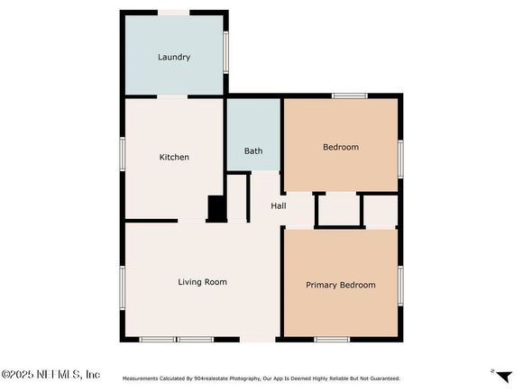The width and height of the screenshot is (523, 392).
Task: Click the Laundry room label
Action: pyautogui.click(x=174, y=57)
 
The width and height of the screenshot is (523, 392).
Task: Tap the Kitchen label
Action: pyautogui.click(x=174, y=157)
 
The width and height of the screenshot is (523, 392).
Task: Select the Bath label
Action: pyautogui.click(x=253, y=151)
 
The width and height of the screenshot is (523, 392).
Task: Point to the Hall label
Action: pyautogui.click(x=278, y=206)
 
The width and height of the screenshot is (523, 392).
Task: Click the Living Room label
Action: pyautogui.click(x=203, y=282)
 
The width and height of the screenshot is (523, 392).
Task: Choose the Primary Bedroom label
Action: pyautogui.click(x=341, y=285)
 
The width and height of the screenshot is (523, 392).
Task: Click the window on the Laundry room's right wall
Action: pyautogui.click(x=225, y=52)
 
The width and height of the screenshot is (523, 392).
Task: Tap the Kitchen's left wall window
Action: pyautogui.click(x=123, y=154)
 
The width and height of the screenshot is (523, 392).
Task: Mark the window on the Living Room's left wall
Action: pyautogui.click(x=123, y=287)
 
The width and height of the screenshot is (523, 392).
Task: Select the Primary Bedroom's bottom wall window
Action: pyautogui.click(x=332, y=340)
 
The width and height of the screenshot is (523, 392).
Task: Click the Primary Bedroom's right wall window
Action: pyautogui.click(x=400, y=286)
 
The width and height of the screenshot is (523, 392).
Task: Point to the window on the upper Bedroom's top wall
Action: pyautogui.click(x=350, y=96)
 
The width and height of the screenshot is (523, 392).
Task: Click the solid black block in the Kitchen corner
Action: pyautogui.click(x=216, y=209)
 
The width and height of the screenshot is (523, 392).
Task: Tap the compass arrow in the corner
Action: pyautogui.click(x=504, y=376)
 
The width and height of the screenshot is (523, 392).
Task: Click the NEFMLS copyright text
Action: pyautogui.click(x=50, y=374)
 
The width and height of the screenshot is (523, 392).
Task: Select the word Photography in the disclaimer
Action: pyautogui.click(x=244, y=378)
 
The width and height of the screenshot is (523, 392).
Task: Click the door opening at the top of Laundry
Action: pyautogui.click(x=173, y=13)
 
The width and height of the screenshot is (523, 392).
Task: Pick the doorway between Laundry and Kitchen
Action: pyautogui.click(x=172, y=96)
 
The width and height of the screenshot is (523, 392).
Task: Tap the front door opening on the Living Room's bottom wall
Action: pyautogui.click(x=258, y=340)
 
